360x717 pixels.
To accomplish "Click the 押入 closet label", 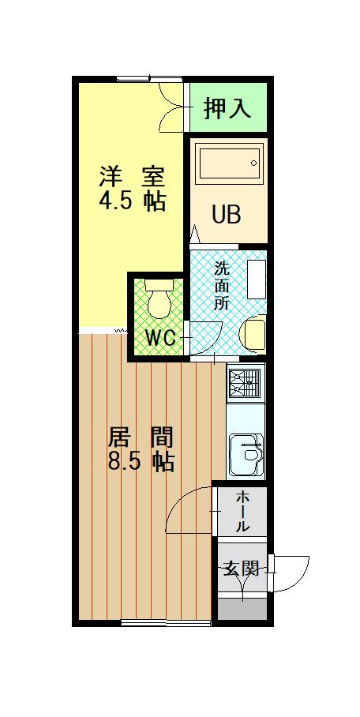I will point(227,109).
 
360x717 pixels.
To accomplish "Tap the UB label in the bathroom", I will point(226,214).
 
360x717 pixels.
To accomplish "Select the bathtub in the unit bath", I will point(229,164).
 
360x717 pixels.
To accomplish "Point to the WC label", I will point(160,338).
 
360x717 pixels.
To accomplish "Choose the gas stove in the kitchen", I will point(246,383).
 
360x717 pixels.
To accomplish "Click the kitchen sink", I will point(247,456).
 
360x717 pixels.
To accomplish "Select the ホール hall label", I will point(243,510).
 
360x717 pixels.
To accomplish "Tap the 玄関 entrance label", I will point(240,568).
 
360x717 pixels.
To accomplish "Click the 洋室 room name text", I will point(132,176).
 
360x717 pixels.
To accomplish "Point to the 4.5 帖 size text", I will point(132,201).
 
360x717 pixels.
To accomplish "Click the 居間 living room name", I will point(140,437).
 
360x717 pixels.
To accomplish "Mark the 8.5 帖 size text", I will point(141,461).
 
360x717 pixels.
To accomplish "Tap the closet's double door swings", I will point(172,108).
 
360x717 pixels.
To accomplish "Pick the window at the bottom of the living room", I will point(166,624).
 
